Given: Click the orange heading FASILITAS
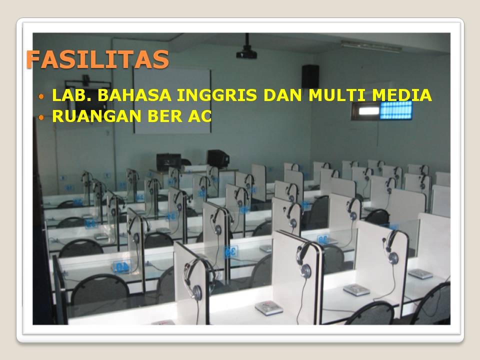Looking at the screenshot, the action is click(x=97, y=59).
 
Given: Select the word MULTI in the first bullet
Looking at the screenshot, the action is click(x=337, y=94).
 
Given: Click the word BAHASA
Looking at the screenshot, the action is click(x=134, y=94).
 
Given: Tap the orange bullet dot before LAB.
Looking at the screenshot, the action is click(x=41, y=96).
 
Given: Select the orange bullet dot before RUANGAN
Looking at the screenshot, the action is click(x=41, y=117).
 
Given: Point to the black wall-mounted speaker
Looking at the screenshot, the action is click(x=310, y=76).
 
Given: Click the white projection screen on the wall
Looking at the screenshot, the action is click(x=172, y=100).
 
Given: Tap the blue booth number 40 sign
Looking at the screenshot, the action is click(x=122, y=266).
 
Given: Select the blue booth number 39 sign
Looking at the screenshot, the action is click(x=230, y=251).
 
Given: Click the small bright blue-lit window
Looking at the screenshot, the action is click(x=396, y=110).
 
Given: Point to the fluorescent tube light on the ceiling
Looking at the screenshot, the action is click(x=371, y=46).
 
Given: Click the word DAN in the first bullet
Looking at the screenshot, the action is click(x=282, y=94).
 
